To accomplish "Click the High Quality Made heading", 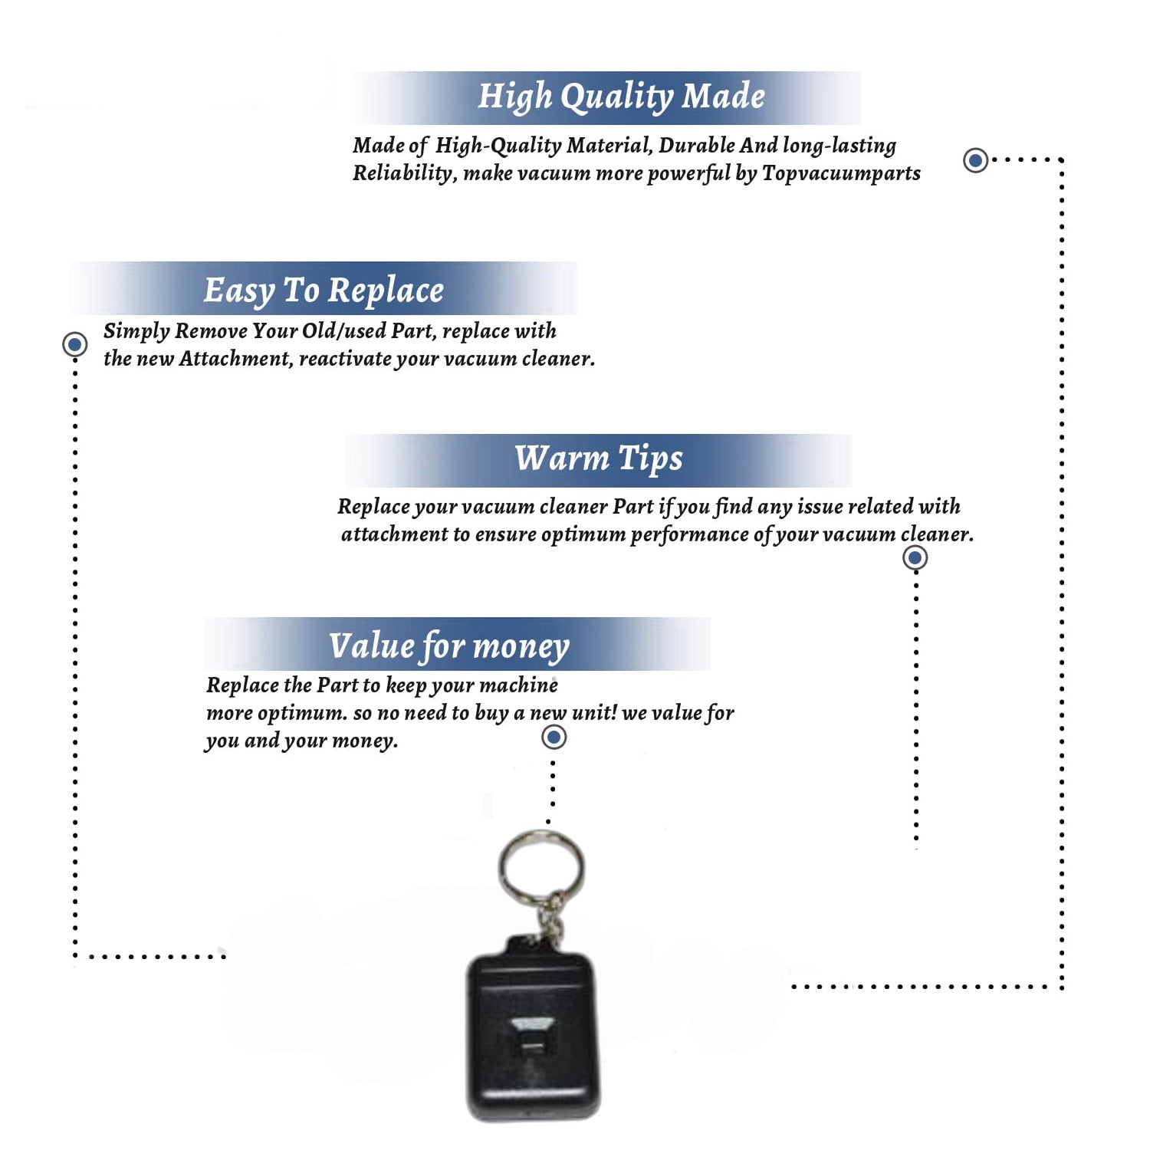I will (x=621, y=97).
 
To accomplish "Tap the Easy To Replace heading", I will (x=324, y=291).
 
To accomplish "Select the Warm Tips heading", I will (x=598, y=458).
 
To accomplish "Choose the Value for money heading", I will (x=449, y=646).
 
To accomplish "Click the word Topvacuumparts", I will (x=841, y=173).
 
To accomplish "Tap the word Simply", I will (x=136, y=331).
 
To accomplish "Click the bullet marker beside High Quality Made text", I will (x=975, y=160).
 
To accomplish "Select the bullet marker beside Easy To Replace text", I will (x=75, y=344).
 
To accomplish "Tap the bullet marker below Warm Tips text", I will (x=915, y=557).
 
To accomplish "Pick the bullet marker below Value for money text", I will (x=554, y=738).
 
